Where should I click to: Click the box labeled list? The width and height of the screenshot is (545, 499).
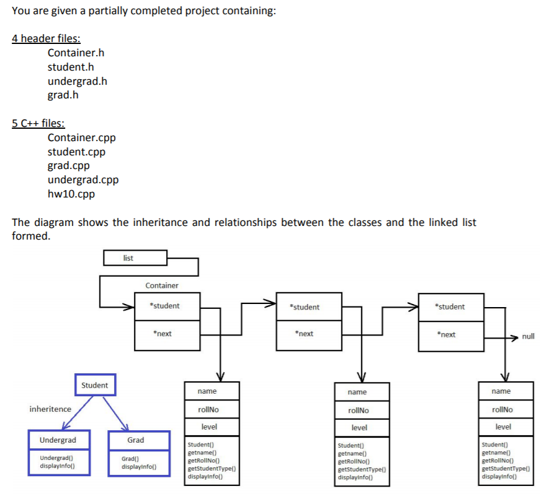[135, 258]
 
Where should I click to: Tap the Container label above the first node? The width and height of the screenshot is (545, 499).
[162, 285]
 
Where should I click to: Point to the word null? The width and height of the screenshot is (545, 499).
[528, 337]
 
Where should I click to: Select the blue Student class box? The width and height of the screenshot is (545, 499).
[94, 385]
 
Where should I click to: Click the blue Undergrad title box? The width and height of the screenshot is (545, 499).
[58, 440]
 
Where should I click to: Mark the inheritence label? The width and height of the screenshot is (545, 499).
[50, 409]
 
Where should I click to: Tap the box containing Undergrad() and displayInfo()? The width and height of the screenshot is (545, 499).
[58, 462]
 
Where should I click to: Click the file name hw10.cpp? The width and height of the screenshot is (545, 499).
[71, 194]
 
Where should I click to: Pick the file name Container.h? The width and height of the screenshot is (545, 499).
[76, 53]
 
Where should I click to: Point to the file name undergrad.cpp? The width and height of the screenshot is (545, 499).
[83, 180]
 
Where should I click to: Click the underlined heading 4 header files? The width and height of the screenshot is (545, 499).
[47, 38]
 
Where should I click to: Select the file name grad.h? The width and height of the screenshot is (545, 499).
[63, 95]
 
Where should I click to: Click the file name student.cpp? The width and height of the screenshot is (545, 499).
[76, 152]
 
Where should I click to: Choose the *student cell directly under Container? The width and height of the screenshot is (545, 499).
[165, 306]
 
